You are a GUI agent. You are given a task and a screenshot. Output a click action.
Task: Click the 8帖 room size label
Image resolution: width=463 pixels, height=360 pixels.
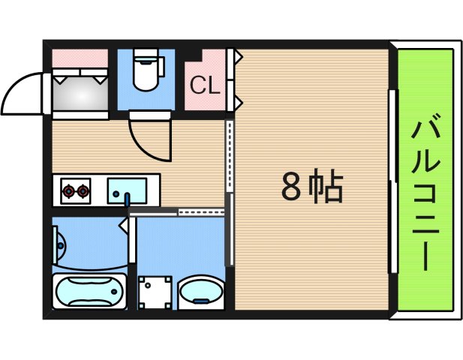click(312, 187)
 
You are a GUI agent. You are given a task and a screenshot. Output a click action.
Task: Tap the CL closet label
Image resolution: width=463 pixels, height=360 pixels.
click(204, 85)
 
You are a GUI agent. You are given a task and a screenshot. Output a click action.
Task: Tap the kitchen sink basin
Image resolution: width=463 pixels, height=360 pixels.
click(128, 188)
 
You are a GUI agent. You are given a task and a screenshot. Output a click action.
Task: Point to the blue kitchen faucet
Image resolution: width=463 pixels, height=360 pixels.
click(127, 199)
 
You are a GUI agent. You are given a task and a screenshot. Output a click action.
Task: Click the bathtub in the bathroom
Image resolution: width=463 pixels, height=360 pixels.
click(88, 291)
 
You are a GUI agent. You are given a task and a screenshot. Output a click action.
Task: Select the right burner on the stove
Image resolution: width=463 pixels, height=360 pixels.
click(82, 191)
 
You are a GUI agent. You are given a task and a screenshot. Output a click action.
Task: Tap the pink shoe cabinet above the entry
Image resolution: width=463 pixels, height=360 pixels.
click(80, 57)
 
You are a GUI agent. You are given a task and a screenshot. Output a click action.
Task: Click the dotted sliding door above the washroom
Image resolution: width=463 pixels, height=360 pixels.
click(201, 213)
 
